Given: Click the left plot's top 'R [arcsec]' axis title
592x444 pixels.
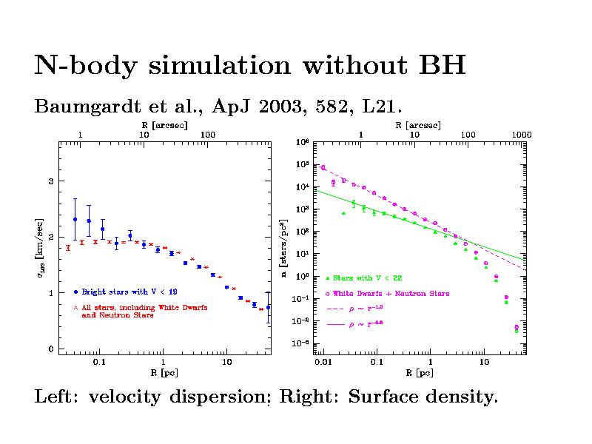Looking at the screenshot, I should [x=164, y=125].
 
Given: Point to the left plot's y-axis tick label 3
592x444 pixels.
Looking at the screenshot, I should [x=51, y=181].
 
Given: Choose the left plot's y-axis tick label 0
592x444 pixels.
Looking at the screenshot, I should [x=51, y=349].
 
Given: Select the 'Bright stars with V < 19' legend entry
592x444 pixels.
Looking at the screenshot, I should [x=129, y=292].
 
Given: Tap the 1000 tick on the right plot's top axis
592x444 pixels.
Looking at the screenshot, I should [x=522, y=135].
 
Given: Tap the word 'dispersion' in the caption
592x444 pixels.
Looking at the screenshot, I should [x=223, y=397].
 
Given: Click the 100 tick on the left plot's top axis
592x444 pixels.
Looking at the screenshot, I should [x=208, y=135].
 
